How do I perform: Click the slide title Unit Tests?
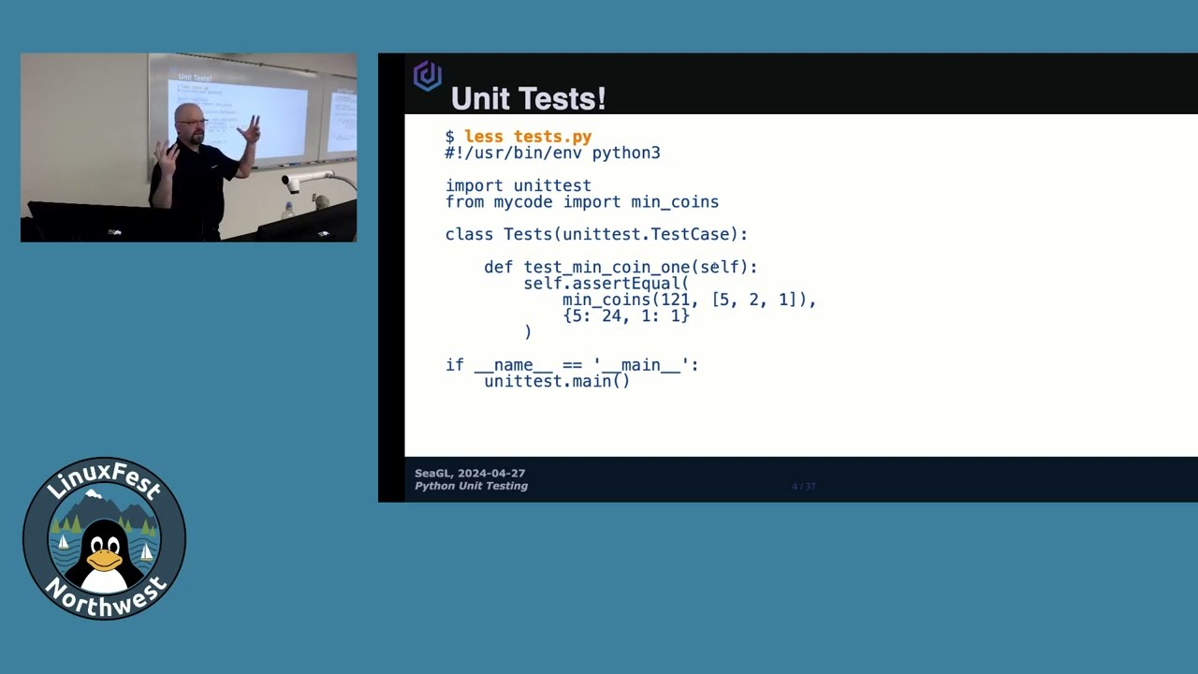tap(528, 98)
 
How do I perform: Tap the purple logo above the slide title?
tap(428, 76)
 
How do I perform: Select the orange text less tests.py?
tap(528, 137)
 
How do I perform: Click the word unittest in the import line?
tap(552, 185)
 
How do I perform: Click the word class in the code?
tap(469, 234)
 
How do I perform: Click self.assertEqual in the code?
tap(606, 284)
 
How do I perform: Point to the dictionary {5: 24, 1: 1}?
tap(625, 316)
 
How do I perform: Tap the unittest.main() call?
tap(557, 381)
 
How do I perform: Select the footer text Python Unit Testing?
tap(471, 486)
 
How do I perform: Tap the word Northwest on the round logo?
tap(105, 598)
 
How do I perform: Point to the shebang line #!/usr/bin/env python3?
tap(552, 154)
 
